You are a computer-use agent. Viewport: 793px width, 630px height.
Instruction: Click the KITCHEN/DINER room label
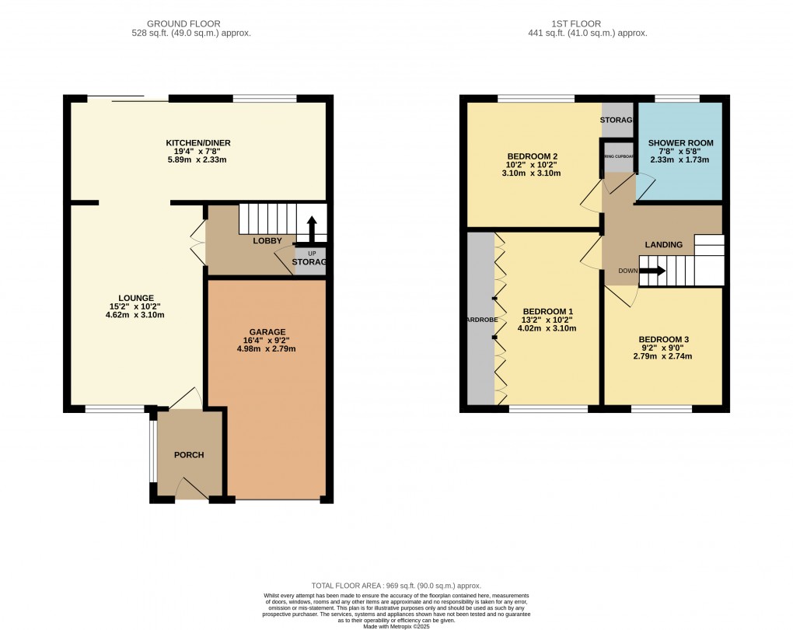[198, 143]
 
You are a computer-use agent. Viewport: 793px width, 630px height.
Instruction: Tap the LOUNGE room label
[136, 298]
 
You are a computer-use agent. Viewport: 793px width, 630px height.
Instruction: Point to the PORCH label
[189, 455]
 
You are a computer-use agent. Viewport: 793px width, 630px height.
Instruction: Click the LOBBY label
[267, 241]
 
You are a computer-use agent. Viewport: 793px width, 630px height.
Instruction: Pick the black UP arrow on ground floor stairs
[312, 230]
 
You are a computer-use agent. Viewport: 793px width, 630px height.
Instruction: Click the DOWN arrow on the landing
[652, 271]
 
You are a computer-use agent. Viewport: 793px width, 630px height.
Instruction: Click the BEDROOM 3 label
[664, 340]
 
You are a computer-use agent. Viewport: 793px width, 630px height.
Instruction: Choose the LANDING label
[663, 245]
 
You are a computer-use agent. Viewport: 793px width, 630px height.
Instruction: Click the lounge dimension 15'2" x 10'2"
[136, 306]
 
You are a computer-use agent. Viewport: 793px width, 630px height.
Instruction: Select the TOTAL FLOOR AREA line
[396, 586]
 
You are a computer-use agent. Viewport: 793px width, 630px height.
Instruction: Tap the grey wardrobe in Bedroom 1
[480, 319]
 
